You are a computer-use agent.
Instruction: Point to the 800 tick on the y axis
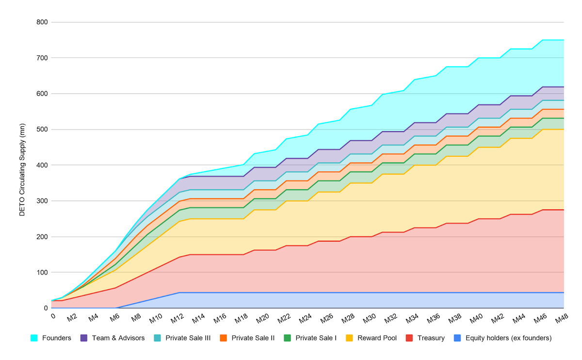42,22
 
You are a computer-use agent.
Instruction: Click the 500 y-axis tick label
42,130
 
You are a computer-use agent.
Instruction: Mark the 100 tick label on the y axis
42,273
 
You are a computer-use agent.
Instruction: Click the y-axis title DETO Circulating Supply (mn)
22,165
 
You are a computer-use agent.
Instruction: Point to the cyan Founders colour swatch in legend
34,338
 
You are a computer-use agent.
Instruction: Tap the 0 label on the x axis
53,316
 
